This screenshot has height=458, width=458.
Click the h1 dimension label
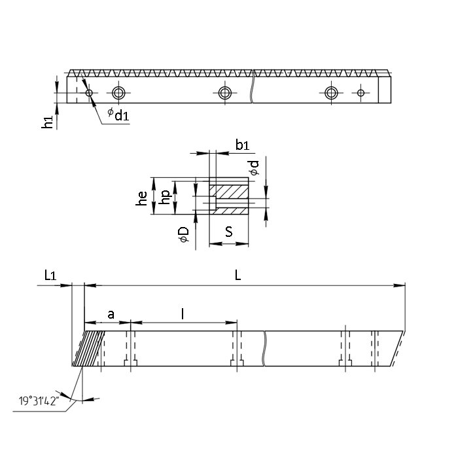coord(47,122)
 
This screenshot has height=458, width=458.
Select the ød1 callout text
coord(118,114)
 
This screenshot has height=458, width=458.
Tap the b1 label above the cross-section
coord(243,145)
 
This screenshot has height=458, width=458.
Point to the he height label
coord(142,198)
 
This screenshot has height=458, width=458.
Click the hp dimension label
coord(166,197)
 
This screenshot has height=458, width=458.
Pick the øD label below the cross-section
coord(185,234)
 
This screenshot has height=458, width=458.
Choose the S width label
coord(229,232)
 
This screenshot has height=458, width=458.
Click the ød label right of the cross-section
coord(255,168)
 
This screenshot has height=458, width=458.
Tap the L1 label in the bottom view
coord(50,275)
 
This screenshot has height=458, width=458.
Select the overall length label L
coord(238,275)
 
